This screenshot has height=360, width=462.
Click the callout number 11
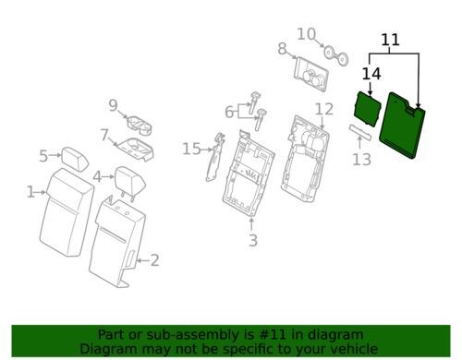(390, 40)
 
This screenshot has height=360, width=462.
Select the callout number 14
(371, 74)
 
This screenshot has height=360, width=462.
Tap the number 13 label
(361, 160)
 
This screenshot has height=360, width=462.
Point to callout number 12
(324, 109)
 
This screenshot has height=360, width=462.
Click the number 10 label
(307, 34)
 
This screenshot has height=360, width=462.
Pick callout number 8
(282, 49)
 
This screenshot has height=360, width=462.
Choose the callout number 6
(229, 112)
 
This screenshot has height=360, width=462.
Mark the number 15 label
(191, 150)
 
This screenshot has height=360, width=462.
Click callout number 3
(253, 240)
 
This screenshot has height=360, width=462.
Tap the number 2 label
(154, 260)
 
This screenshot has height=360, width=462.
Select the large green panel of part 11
(403, 126)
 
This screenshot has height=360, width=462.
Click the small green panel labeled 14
(368, 109)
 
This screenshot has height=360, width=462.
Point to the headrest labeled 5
(75, 159)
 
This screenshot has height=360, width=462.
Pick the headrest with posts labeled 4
(130, 181)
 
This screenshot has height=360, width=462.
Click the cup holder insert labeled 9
(140, 126)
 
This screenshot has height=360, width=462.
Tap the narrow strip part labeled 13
(360, 131)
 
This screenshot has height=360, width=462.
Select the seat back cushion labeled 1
(67, 212)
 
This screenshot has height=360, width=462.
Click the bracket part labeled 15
(215, 157)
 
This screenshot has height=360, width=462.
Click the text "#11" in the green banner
(276, 334)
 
